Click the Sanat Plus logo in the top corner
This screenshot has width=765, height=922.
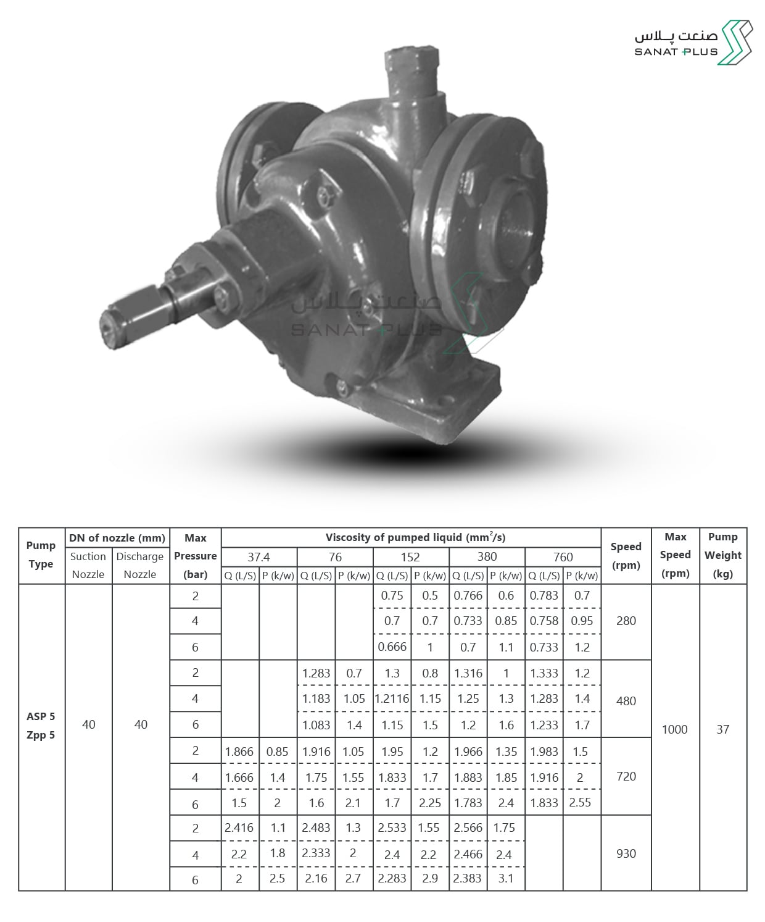(693, 43)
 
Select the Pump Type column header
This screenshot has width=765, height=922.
(41, 555)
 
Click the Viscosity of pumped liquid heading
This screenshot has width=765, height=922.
(415, 537)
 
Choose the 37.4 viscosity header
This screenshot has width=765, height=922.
(258, 557)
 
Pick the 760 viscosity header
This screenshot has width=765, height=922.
(563, 557)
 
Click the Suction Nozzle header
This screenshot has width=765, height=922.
(88, 565)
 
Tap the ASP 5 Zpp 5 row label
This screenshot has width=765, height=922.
(41, 726)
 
